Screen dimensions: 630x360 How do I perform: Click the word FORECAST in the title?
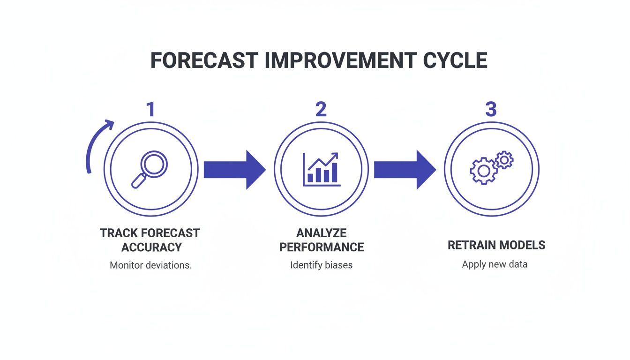204,60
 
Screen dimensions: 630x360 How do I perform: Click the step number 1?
151,109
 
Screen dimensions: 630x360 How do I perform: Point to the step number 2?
321,109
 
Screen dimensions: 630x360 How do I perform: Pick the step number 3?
491,109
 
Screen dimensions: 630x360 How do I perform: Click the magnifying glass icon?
150,169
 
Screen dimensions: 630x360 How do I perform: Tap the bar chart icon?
322,169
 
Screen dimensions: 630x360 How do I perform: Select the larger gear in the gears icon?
483,171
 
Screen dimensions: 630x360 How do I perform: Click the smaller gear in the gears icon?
504,160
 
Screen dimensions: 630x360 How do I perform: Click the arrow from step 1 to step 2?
234,170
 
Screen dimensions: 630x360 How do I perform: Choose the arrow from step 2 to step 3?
405,170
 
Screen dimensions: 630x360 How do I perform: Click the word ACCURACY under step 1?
151,247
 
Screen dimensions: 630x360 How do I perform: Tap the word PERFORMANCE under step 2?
322,247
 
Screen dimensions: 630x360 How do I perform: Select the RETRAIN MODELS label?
496,245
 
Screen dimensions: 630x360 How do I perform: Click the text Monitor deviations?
151,265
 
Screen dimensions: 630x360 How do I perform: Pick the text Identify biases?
321,265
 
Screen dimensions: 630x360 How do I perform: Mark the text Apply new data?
495,264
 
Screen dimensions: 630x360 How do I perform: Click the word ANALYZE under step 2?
322,233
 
